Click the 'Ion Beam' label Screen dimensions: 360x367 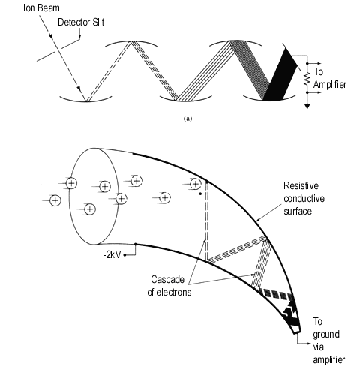click(x=41, y=8)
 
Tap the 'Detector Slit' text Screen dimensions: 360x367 click(x=81, y=23)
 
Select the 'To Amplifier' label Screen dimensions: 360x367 click(x=330, y=78)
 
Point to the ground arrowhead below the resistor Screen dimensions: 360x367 click(x=307, y=106)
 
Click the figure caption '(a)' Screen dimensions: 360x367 click(x=188, y=119)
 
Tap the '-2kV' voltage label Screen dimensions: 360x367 click(x=112, y=255)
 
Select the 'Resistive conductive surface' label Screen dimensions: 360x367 click(x=304, y=198)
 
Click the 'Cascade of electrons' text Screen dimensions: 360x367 click(x=169, y=286)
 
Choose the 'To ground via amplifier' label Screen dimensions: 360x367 click(x=328, y=341)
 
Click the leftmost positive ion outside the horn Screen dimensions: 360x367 click(x=55, y=200)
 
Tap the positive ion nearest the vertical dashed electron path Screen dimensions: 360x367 click(x=195, y=185)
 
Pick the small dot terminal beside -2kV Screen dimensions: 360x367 click(x=124, y=255)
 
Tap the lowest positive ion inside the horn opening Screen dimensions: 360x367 click(x=90, y=209)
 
